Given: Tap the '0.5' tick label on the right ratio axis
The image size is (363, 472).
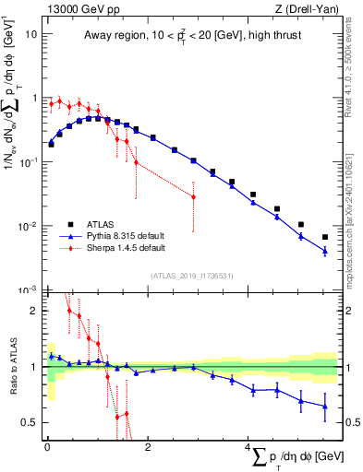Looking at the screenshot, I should [352, 423].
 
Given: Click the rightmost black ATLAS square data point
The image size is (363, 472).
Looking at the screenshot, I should [324, 237].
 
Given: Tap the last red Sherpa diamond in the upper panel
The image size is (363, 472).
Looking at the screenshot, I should [193, 196].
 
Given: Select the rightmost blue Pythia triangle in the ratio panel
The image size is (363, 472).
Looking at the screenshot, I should [324, 407].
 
